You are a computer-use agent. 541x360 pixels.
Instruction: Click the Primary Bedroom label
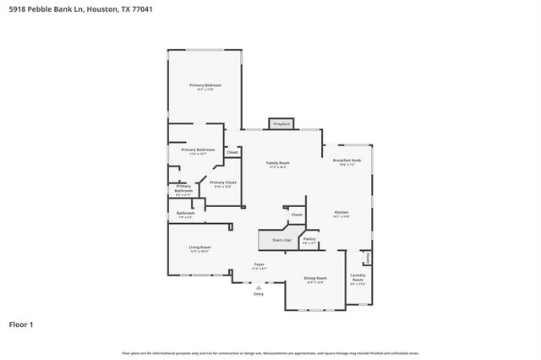pos(205,85)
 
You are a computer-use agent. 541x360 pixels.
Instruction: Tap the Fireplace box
pos(281,124)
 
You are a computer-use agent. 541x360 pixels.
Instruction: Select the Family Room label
pos(278,163)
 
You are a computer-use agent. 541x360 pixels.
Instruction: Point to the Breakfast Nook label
pos(347,161)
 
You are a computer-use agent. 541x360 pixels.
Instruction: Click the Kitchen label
pos(342,212)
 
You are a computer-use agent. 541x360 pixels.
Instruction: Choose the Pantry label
pos(309,239)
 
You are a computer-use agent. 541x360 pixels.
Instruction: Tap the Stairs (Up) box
pos(281,241)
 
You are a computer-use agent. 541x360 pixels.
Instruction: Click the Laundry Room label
pos(358,279)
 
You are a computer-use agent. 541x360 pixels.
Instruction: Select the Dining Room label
pos(315,278)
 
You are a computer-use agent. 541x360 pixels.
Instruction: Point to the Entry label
pos(259,294)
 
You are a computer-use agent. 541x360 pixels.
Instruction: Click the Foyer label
pos(260,265)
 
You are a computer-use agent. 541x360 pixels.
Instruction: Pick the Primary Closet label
pos(223,183)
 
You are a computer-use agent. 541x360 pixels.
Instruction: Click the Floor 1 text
pos(21,324)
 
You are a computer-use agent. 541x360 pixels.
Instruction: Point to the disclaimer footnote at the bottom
pos(270,352)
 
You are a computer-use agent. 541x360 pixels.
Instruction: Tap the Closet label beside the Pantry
pos(297,215)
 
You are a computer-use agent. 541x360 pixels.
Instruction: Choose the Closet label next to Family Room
pos(232,152)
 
